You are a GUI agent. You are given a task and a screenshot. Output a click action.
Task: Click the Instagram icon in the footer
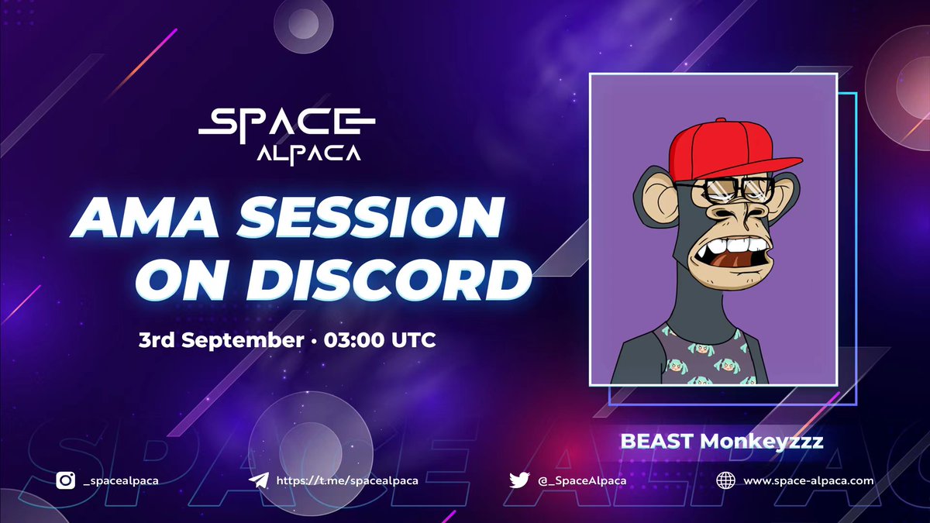point(66,480)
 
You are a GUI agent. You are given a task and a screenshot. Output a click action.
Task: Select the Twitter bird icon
point(519,480)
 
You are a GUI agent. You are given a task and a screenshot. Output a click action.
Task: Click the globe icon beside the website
point(726,480)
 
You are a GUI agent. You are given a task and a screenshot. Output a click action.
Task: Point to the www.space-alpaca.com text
point(808,480)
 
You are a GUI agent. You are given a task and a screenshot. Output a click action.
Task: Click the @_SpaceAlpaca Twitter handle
point(580,480)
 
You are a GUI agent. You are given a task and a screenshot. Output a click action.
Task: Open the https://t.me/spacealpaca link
point(347,480)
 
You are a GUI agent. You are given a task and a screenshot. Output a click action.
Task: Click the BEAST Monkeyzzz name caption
point(722,441)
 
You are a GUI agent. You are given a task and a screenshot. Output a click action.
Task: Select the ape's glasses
point(725,190)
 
